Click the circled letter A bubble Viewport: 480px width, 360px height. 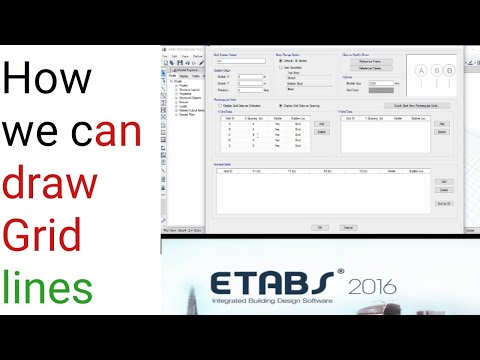420,70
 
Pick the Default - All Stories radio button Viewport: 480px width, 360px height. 280,61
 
